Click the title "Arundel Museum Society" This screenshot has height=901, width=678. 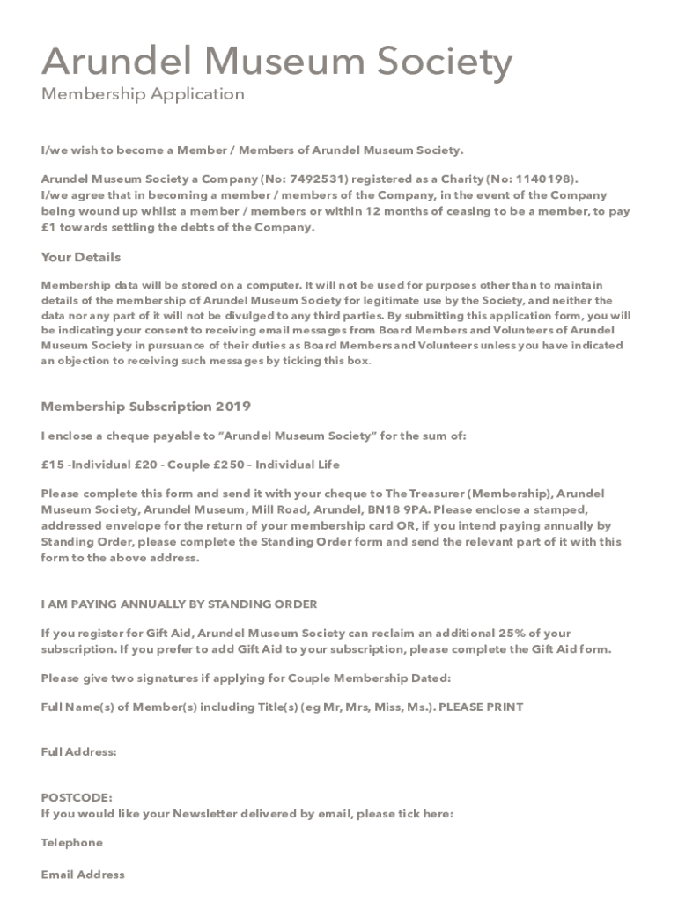[x=276, y=63]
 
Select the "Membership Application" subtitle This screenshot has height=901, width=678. [x=143, y=94]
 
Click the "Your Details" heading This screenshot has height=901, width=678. [x=81, y=258]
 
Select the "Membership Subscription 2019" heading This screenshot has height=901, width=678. [x=146, y=407]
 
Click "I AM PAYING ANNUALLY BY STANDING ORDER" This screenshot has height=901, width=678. [x=180, y=604]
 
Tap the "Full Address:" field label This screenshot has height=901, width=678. [x=79, y=752]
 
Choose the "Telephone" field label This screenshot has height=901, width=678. [x=72, y=843]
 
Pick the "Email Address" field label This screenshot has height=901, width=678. [x=83, y=875]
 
